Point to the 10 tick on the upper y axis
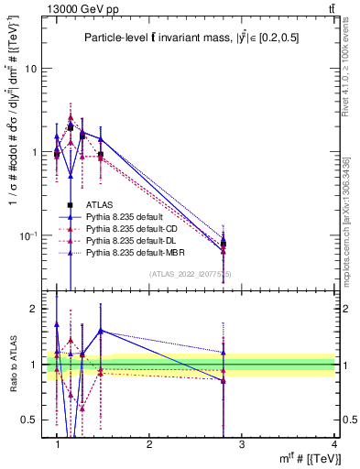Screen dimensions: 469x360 [x=31, y=69]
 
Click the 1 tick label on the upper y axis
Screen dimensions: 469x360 [x=35, y=152]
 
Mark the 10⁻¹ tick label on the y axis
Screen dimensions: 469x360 [x=29, y=235]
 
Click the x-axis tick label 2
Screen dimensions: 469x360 [x=149, y=443]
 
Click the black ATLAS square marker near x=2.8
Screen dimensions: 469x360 [x=223, y=244]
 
